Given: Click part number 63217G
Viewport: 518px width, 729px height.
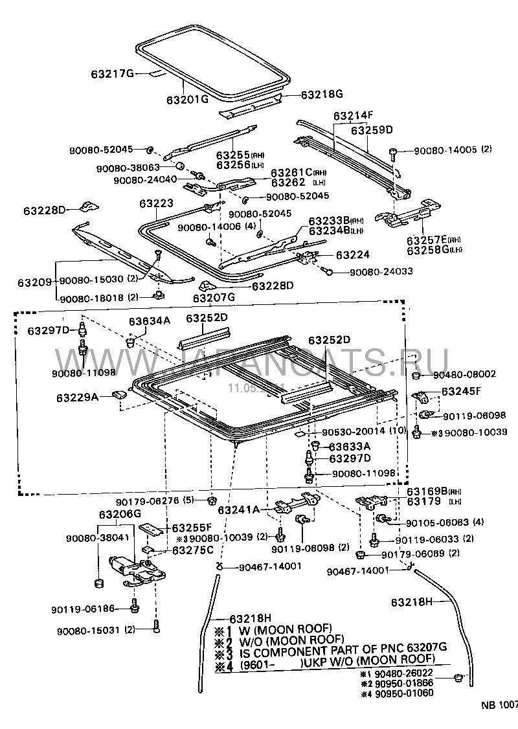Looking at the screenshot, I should tap(112, 74).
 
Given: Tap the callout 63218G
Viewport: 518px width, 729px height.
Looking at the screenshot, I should tap(321, 94).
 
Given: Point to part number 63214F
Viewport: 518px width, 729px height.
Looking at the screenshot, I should tap(354, 116).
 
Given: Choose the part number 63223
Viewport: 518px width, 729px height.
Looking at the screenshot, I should tap(155, 203).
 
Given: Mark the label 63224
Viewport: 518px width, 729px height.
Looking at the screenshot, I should tap(354, 255).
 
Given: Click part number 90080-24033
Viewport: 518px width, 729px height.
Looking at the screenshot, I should tap(381, 271).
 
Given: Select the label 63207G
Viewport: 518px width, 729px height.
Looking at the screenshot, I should tap(214, 298).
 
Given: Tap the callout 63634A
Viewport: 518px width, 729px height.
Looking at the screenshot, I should tap(149, 320).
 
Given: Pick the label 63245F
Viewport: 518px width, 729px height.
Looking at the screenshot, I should tap(462, 392).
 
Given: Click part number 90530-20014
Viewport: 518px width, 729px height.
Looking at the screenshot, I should tap(350, 431).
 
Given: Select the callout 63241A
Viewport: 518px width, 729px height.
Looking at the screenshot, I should tap(238, 510).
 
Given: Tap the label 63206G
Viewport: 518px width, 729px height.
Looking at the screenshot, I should tap(119, 514).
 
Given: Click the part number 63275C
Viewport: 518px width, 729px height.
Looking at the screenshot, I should tap(192, 550).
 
